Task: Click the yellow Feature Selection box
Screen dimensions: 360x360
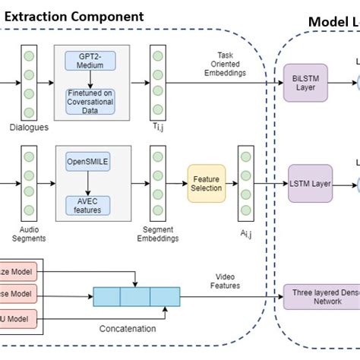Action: coord(207,183)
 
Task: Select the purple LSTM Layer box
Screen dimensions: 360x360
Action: coord(310,183)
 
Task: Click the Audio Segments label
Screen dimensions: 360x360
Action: coord(29,232)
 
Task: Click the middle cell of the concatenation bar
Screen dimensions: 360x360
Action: coord(136,296)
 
